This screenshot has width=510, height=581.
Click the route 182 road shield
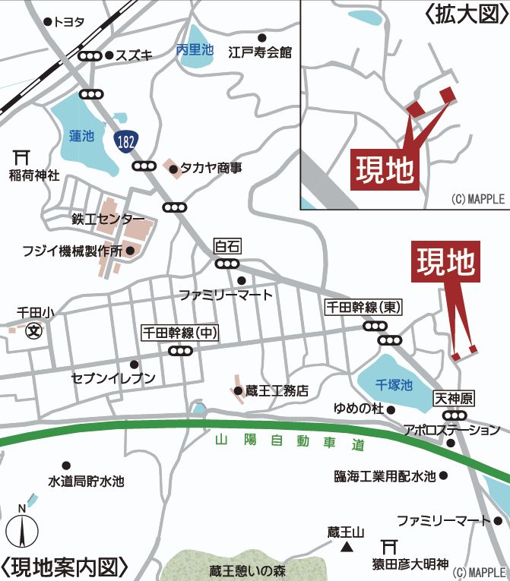click(x=127, y=141)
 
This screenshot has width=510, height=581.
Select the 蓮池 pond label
click(x=81, y=137)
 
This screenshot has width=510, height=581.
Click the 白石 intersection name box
click(x=227, y=246)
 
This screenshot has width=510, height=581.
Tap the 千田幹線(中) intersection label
click(x=180, y=333)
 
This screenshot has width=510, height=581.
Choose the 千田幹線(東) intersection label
click(x=363, y=308)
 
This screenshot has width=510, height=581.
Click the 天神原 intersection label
click(x=454, y=398)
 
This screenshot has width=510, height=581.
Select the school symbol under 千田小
click(x=33, y=331)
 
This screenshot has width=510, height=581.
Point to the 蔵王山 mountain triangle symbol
click(x=347, y=546)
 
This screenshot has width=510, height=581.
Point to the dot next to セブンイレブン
click(x=134, y=364)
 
